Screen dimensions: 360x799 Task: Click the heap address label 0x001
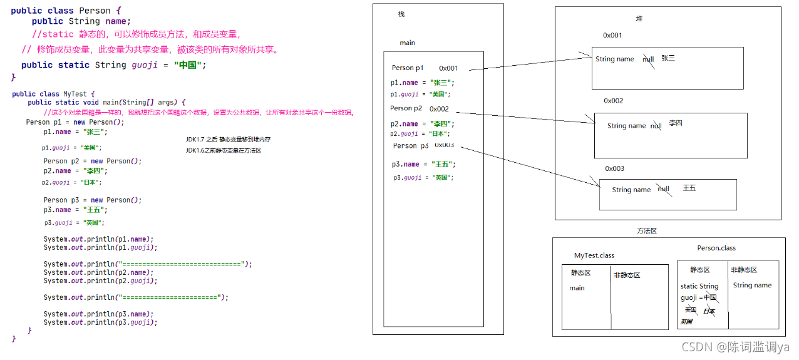click(x=612, y=35)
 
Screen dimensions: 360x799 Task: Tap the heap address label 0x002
click(x=613, y=100)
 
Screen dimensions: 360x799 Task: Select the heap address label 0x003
click(x=614, y=168)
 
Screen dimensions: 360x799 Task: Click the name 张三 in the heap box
click(x=668, y=58)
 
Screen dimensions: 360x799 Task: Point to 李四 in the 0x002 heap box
click(x=675, y=123)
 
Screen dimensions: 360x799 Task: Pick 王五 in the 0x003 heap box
click(x=689, y=188)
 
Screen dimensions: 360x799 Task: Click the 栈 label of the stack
click(x=401, y=14)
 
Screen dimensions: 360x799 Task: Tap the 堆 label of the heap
click(x=639, y=19)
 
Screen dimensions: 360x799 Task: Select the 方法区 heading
click(x=646, y=231)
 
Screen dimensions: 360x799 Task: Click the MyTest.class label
click(x=594, y=255)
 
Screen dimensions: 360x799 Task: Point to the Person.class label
click(x=716, y=248)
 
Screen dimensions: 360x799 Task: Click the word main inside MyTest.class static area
click(x=577, y=288)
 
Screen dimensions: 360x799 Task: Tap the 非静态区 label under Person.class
click(x=744, y=270)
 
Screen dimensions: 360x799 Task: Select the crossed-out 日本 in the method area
click(x=709, y=311)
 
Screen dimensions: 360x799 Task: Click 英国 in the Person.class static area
click(x=686, y=322)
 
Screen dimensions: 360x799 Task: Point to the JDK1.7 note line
click(x=228, y=139)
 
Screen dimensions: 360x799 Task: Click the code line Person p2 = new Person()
click(x=93, y=161)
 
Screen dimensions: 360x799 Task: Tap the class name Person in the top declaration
click(x=94, y=11)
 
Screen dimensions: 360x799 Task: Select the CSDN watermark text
click(x=735, y=347)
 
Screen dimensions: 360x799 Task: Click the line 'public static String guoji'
click(x=113, y=65)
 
